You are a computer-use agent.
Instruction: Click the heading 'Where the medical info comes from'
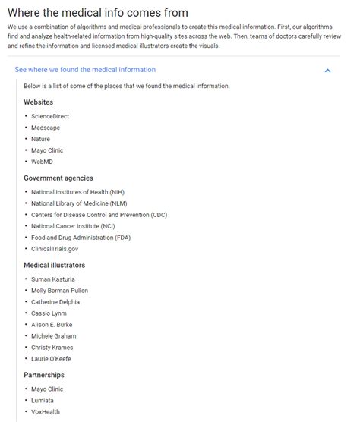tap(97, 13)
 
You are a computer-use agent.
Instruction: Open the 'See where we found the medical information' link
tap(85, 70)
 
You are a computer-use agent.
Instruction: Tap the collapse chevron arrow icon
tap(327, 71)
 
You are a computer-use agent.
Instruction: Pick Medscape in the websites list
tap(47, 128)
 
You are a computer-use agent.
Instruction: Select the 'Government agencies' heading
tap(58, 178)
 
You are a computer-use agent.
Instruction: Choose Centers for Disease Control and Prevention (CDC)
tap(99, 215)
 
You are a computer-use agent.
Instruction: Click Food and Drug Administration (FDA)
tap(81, 238)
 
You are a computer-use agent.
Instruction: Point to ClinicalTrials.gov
tap(55, 249)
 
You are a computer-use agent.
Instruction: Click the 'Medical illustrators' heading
tap(55, 265)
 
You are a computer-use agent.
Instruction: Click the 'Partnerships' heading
tap(44, 375)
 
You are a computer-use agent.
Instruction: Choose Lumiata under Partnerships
tap(43, 400)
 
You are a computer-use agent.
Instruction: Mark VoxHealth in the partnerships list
tap(46, 411)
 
